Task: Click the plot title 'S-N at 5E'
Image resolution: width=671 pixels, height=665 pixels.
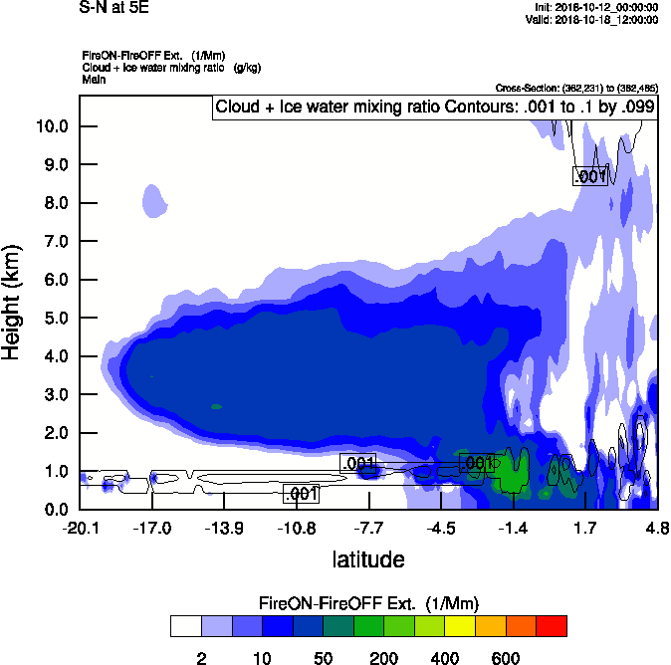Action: (115, 9)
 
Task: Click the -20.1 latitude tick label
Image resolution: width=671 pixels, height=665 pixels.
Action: (81, 528)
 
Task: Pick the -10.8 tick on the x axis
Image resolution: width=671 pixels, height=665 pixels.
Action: (297, 528)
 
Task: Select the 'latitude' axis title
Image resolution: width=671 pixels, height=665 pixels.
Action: (367, 559)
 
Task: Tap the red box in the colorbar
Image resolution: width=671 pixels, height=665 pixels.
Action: (551, 626)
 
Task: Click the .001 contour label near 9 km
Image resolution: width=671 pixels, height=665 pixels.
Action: (590, 176)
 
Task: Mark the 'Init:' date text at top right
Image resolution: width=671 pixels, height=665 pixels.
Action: (595, 8)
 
